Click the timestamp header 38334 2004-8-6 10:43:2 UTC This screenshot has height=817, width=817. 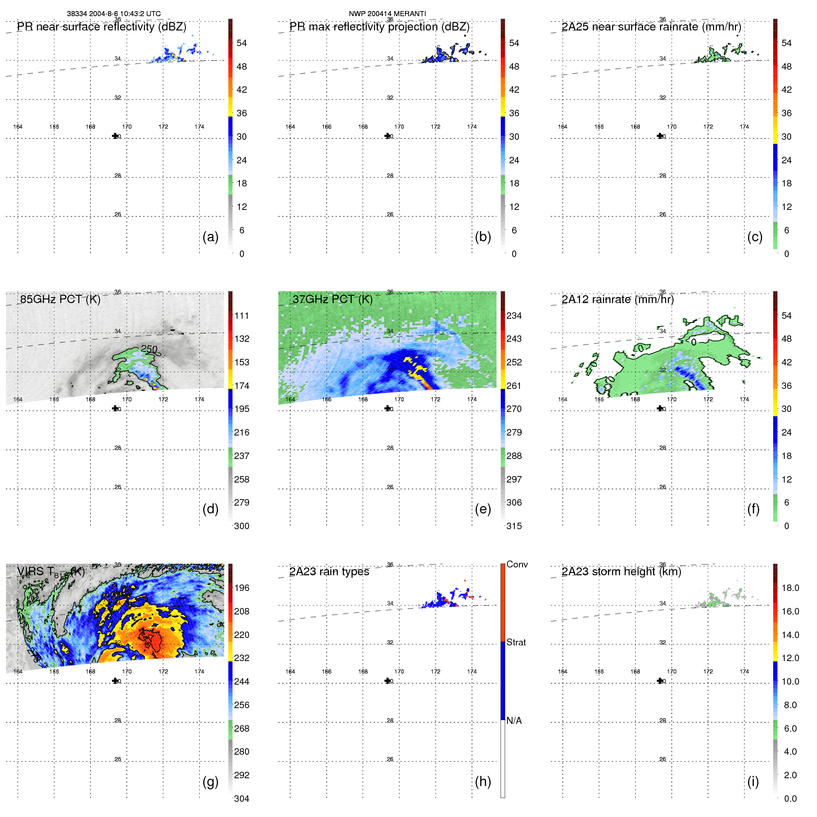pyautogui.click(x=113, y=14)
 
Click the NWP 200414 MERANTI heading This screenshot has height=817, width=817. pyautogui.click(x=387, y=14)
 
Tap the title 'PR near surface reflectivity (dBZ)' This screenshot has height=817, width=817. pyautogui.click(x=101, y=27)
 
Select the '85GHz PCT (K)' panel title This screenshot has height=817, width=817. pyautogui.click(x=60, y=299)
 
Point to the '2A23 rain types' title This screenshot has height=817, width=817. pyautogui.click(x=329, y=572)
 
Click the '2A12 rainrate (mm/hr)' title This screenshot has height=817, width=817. pyautogui.click(x=617, y=299)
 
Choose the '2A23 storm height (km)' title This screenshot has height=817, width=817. pyautogui.click(x=621, y=572)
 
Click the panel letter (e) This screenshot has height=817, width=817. pyautogui.click(x=483, y=509)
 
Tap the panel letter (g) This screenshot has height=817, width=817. pyautogui.click(x=210, y=781)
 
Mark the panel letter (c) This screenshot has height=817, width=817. pyautogui.click(x=755, y=237)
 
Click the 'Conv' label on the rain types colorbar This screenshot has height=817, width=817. pyautogui.click(x=517, y=564)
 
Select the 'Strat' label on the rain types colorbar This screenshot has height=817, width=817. pyautogui.click(x=516, y=642)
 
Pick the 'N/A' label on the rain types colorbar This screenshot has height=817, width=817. pyautogui.click(x=514, y=721)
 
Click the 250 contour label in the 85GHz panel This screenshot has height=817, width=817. pyautogui.click(x=149, y=349)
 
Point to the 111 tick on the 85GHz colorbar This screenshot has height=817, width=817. pyautogui.click(x=241, y=316)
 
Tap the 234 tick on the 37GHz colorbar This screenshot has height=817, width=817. pyautogui.click(x=514, y=316)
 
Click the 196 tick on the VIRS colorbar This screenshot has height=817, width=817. pyautogui.click(x=241, y=588)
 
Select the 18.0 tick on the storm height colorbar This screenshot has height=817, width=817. pyautogui.click(x=790, y=588)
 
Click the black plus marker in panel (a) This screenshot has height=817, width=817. pyautogui.click(x=115, y=136)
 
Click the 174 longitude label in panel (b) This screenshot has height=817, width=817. pyautogui.click(x=471, y=127)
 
